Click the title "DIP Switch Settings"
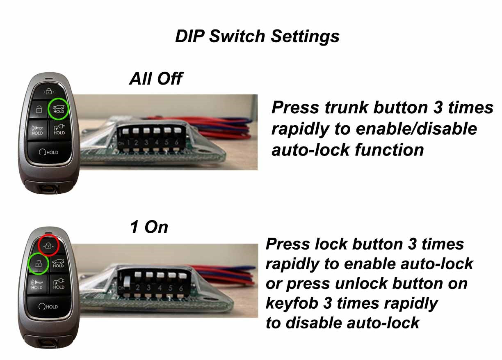(257, 36)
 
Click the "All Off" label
(155, 78)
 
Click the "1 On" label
(149, 227)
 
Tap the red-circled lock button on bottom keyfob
(48, 245)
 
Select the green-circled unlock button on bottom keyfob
(38, 263)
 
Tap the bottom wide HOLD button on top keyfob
(48, 152)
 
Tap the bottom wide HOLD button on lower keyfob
(48, 306)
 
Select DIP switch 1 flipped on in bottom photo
(127, 283)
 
